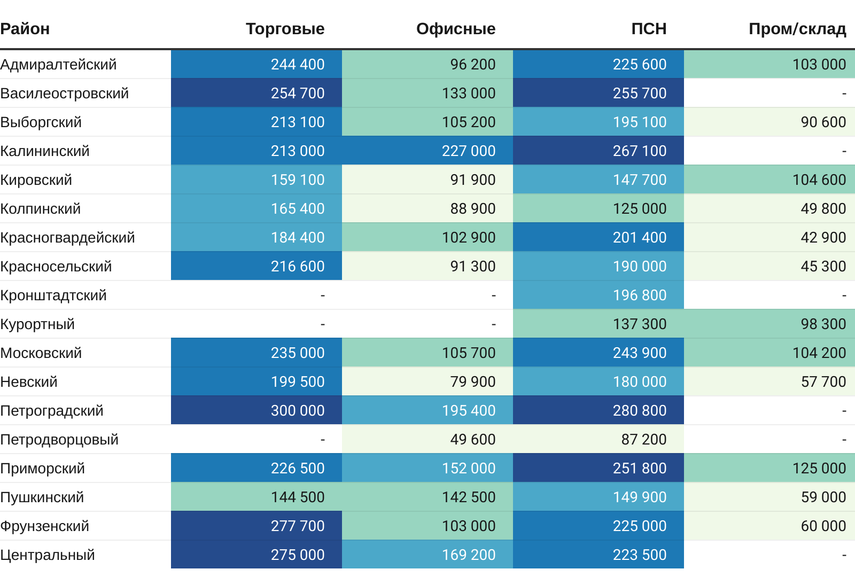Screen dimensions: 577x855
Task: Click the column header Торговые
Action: tap(285, 29)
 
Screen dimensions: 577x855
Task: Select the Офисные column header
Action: tap(456, 29)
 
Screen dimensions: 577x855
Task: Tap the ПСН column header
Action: tap(649, 29)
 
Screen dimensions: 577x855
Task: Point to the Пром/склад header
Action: tap(797, 29)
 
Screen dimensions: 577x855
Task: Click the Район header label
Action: tap(25, 29)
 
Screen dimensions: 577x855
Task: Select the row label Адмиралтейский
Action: tap(58, 65)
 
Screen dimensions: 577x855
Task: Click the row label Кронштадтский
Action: tap(53, 295)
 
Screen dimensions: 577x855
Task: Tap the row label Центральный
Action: tap(48, 555)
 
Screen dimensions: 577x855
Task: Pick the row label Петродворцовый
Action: tap(59, 440)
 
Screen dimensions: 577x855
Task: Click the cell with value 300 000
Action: tap(298, 411)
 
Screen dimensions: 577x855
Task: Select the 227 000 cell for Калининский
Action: tap(469, 151)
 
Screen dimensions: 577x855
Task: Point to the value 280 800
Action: tap(640, 411)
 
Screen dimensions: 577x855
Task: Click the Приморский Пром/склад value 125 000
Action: tap(819, 469)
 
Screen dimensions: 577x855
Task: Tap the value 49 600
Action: tap(473, 440)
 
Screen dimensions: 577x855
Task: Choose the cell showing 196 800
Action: tap(640, 295)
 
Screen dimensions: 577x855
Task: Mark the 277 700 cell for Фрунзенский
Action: tap(298, 526)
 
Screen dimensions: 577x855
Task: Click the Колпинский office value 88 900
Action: tap(473, 209)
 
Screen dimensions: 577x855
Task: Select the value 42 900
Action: tap(823, 238)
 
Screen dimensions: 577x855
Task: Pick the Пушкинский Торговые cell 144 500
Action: tap(298, 497)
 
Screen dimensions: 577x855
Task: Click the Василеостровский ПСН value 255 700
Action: tap(640, 93)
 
